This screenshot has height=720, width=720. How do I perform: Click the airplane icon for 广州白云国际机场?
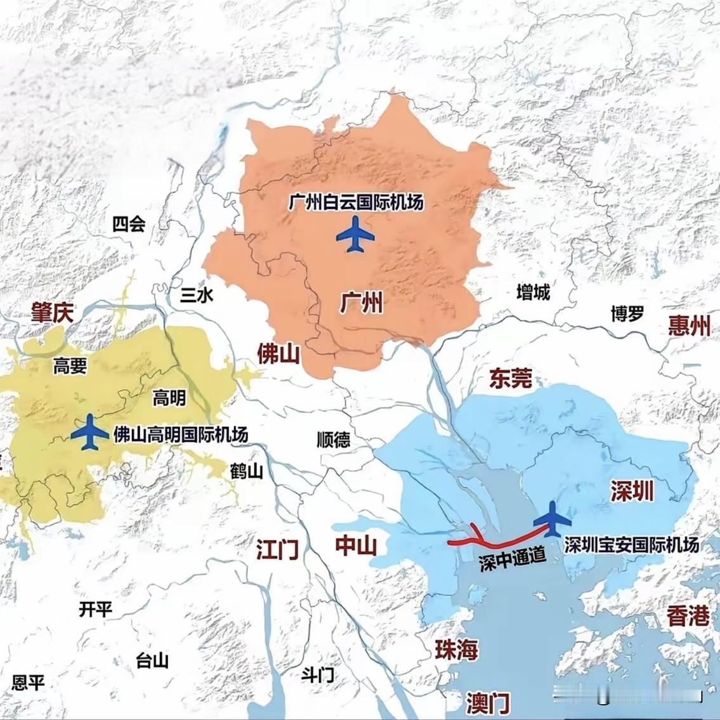[355, 235]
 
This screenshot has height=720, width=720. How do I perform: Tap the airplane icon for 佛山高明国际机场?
[89, 433]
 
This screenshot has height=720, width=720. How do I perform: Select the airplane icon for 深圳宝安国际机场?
[552, 519]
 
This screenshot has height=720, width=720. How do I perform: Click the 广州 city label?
[362, 304]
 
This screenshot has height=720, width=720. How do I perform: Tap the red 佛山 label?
[278, 354]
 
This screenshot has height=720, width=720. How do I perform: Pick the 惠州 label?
[689, 326]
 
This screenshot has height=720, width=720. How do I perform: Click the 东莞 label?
[510, 379]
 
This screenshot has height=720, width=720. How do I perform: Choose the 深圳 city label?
[632, 490]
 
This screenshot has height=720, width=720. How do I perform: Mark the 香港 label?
[688, 615]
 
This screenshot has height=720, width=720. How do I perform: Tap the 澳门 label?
[487, 702]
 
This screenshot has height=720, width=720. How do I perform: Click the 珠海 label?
[455, 649]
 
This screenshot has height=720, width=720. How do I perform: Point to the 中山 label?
[356, 546]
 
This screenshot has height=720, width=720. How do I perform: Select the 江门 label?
[277, 549]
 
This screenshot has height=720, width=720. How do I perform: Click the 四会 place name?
[129, 224]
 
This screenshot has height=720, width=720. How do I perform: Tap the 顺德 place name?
[333, 440]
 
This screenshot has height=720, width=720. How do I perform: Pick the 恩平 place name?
[29, 683]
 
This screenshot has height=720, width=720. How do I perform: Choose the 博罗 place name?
[627, 313]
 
